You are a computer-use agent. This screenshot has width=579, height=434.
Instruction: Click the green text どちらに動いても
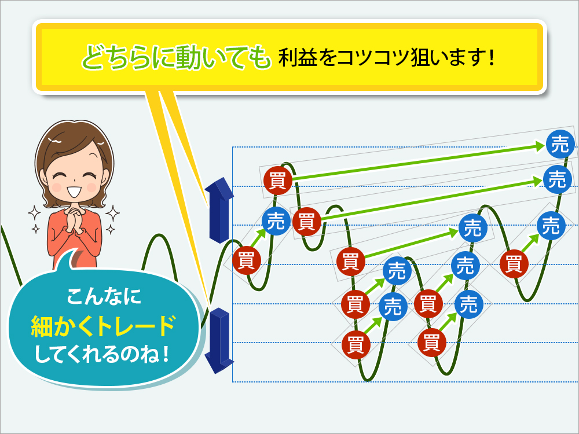[176, 57]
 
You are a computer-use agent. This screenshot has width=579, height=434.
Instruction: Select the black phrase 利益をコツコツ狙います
[381, 57]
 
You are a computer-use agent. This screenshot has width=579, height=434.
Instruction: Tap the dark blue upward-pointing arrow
[219, 209]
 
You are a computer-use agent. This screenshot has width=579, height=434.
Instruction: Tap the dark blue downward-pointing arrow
[219, 341]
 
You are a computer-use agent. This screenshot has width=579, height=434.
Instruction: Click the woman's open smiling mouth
[75, 192]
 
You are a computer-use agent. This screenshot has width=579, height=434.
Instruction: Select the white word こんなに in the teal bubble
[104, 296]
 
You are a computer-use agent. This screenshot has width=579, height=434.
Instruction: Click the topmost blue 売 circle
[560, 144]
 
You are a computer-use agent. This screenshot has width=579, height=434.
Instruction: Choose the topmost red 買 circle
[278, 181]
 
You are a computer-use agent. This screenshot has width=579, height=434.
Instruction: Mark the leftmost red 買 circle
[247, 260]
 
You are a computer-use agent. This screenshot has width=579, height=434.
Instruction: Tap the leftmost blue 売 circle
[276, 221]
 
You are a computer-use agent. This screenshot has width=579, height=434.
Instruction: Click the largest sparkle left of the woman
[35, 214]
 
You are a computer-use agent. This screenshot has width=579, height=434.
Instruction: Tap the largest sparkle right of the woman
[113, 214]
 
